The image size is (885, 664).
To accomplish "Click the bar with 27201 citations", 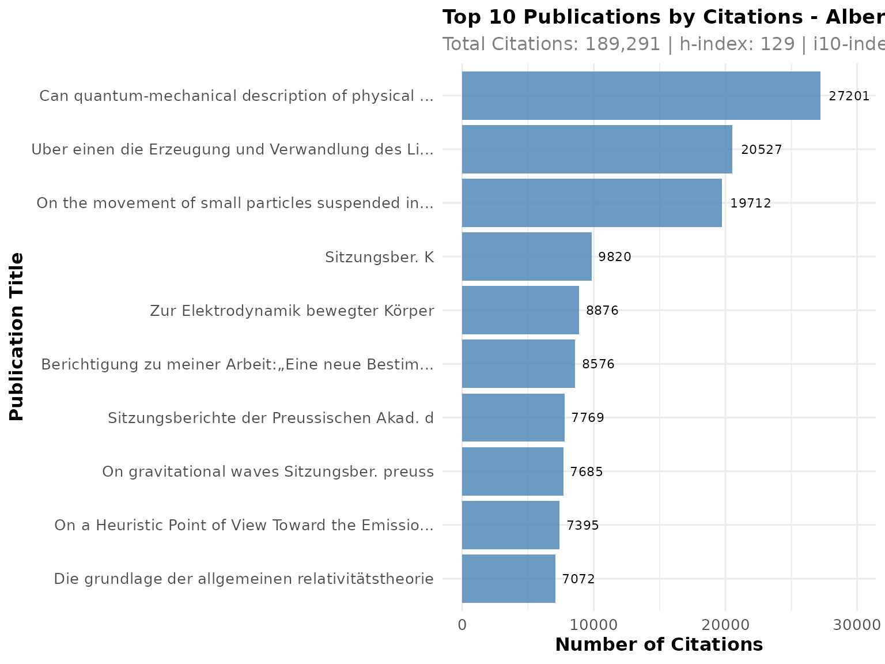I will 641,96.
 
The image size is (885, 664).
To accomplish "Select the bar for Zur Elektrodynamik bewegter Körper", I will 520,310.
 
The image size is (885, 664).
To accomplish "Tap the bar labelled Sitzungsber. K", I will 527,256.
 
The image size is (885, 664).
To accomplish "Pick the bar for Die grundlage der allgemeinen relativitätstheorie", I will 508,579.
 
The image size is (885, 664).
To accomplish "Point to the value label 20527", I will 761,150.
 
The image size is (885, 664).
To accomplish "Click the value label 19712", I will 750,203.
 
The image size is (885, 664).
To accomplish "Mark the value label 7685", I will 586,472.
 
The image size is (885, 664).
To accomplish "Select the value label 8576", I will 598,364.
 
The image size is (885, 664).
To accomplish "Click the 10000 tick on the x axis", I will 593,625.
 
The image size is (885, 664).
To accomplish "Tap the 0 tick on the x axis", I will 462,625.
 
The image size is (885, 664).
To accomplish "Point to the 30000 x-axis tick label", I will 857,625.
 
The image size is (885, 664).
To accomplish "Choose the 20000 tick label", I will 725,625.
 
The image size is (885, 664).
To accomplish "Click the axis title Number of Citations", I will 659,644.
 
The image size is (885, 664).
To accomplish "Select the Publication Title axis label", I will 17,337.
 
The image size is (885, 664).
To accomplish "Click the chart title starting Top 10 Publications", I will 663,17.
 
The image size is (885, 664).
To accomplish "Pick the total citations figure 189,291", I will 622,44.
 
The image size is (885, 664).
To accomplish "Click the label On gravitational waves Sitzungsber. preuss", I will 268,472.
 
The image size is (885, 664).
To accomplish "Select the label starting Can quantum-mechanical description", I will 236,96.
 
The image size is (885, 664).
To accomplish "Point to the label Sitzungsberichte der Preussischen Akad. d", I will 271,418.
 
